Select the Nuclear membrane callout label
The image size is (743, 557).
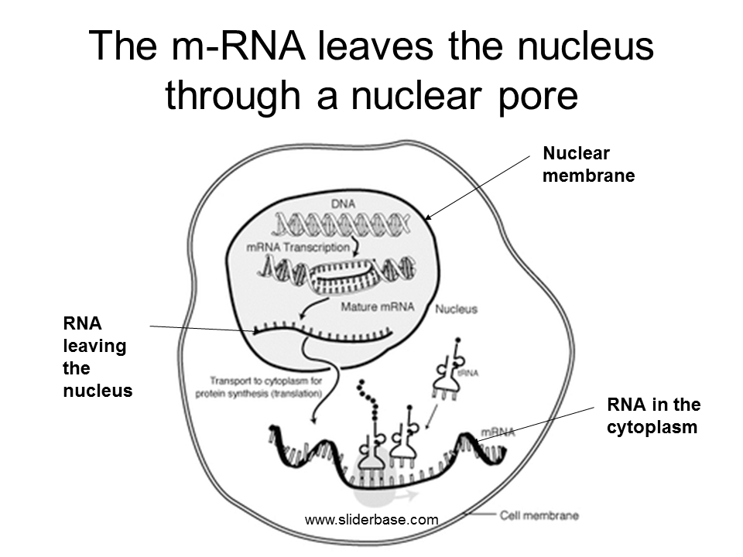(588, 164)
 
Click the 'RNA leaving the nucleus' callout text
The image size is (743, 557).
(98, 357)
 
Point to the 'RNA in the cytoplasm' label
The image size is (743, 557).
(653, 415)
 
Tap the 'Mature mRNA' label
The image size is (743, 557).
(378, 307)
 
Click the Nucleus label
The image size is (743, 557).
(456, 309)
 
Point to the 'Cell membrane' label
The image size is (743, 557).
(539, 514)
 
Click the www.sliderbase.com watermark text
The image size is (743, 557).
(371, 520)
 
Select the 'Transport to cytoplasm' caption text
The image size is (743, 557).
(265, 386)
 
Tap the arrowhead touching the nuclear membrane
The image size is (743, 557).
(426, 218)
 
